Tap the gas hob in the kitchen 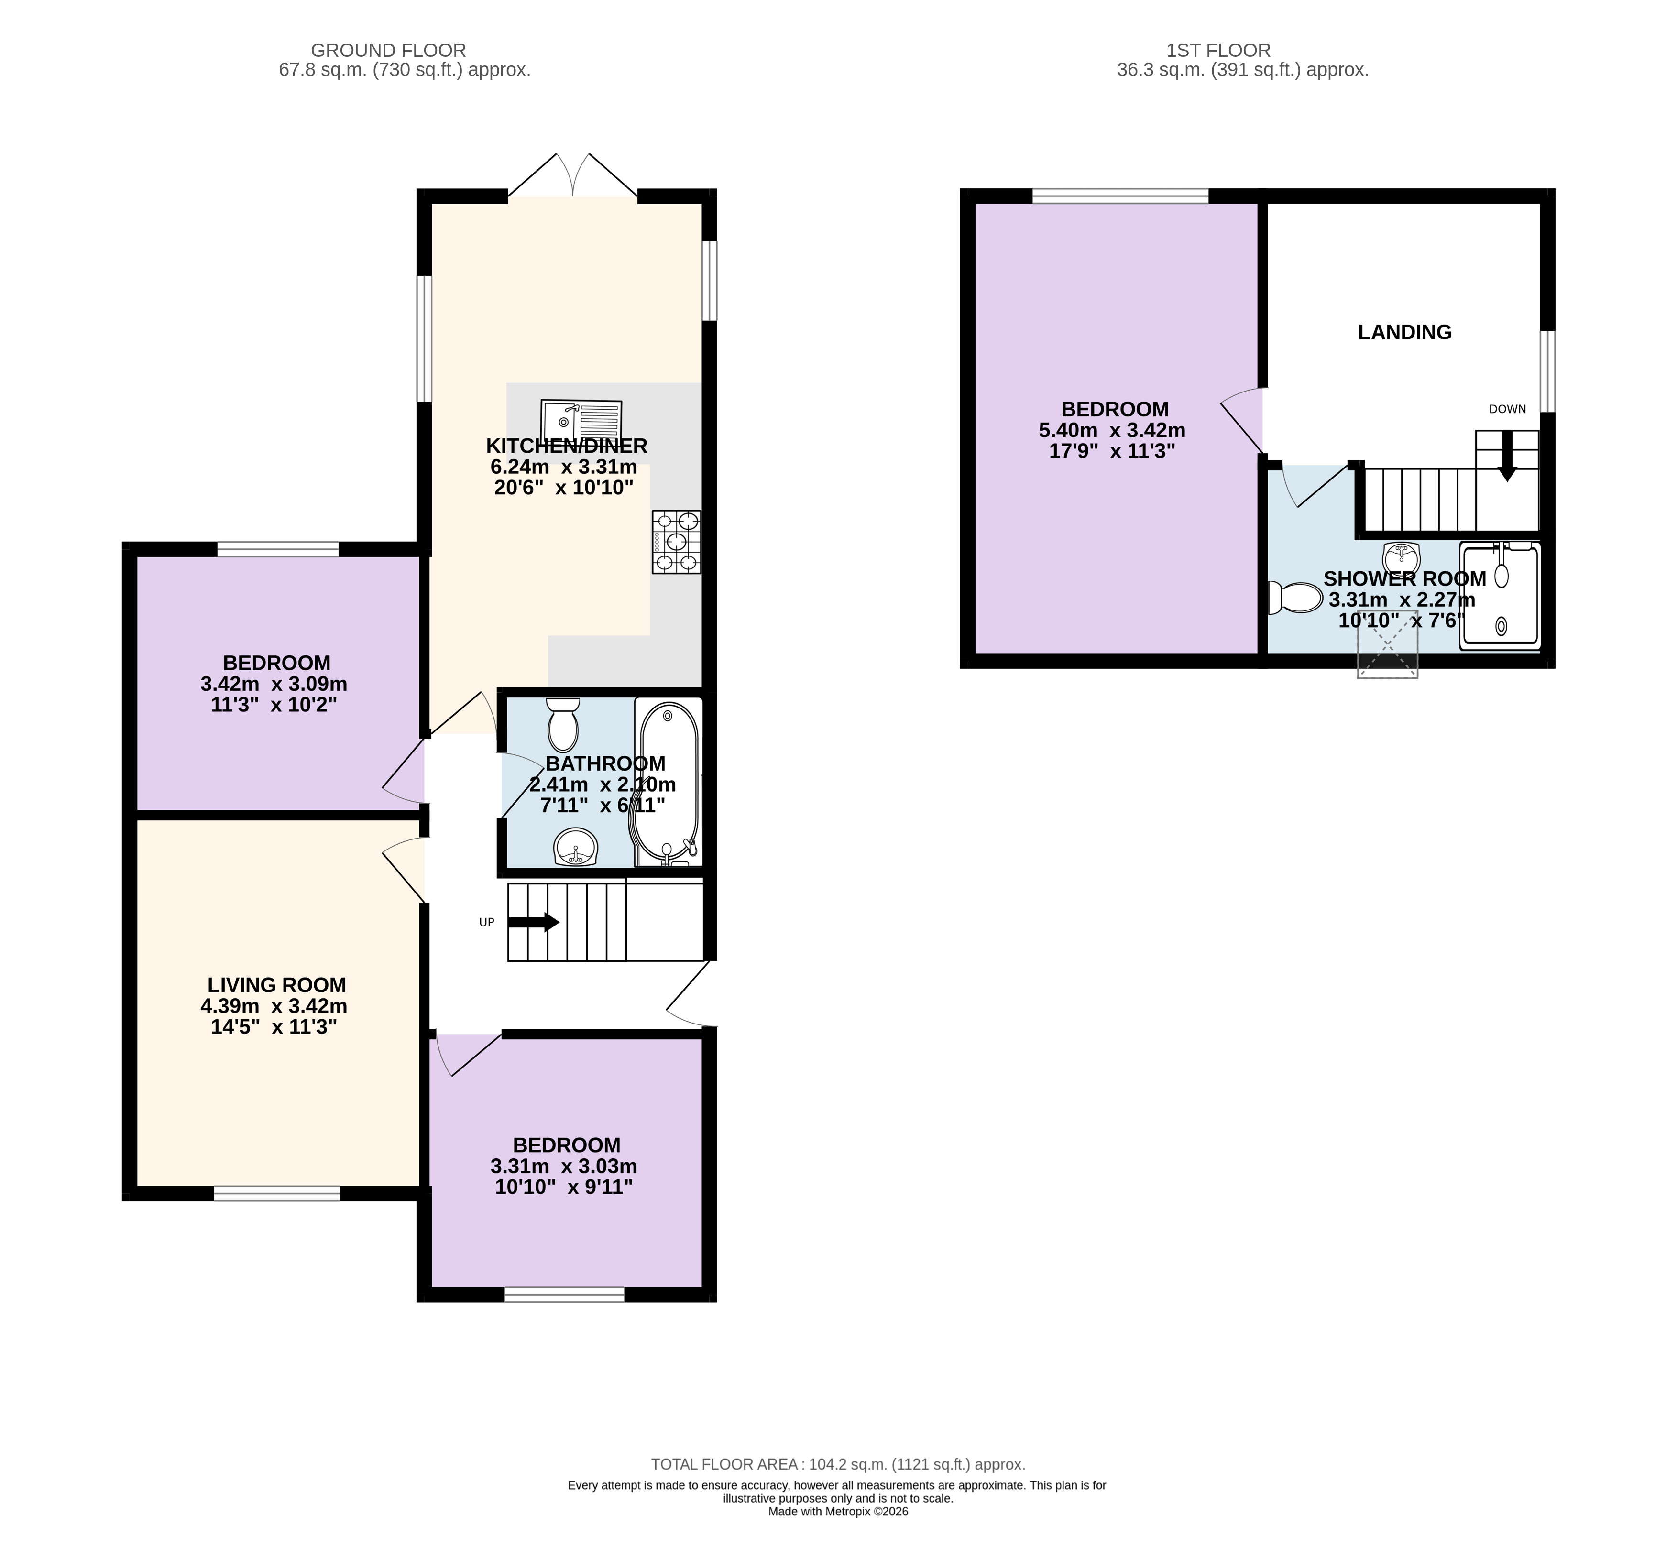coord(675,542)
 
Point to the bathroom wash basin coord(576,847)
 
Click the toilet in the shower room coord(1294,599)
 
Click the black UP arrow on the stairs coord(533,922)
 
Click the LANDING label coord(1404,332)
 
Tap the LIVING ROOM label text coord(276,985)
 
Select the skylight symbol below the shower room coord(1387,654)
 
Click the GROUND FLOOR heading coord(388,51)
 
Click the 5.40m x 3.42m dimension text coord(1112,430)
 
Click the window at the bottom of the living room coord(277,1193)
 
